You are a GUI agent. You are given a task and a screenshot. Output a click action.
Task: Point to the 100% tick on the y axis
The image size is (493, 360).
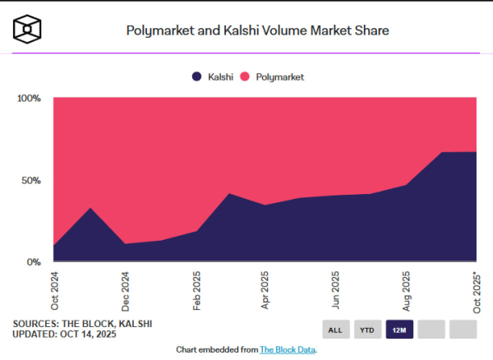(29, 98)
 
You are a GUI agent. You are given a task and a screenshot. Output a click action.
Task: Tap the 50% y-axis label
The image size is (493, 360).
(31, 180)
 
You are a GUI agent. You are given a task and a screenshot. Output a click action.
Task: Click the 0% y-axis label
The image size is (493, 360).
(34, 262)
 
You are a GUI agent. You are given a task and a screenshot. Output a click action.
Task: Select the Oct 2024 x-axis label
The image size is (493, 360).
(54, 288)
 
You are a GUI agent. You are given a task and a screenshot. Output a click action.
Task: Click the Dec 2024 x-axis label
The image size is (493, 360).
(125, 288)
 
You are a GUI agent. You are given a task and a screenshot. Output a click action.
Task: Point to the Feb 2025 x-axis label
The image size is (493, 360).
(196, 288)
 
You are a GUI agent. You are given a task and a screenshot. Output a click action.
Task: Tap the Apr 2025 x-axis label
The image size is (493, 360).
(265, 288)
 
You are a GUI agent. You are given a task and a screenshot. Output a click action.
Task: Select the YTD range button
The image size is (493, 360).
(367, 330)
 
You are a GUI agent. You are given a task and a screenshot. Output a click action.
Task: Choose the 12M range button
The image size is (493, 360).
(399, 330)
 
